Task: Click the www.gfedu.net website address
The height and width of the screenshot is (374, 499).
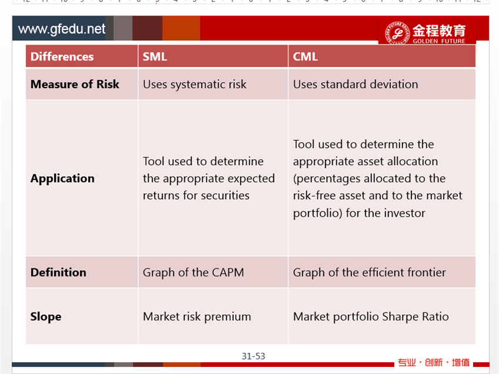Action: click(x=62, y=29)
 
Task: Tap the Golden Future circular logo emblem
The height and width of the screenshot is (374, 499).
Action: click(x=397, y=33)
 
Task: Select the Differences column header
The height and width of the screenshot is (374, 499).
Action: click(x=62, y=56)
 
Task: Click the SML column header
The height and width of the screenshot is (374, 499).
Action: click(x=155, y=56)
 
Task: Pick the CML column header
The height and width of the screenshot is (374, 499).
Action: click(x=305, y=56)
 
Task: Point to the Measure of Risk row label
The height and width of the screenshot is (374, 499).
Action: click(x=75, y=85)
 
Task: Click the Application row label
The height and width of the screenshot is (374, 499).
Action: click(x=62, y=178)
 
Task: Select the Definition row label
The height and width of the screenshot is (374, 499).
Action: click(x=58, y=272)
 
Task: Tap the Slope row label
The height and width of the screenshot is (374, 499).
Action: click(x=46, y=317)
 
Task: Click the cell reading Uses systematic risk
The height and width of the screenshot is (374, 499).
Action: click(x=195, y=85)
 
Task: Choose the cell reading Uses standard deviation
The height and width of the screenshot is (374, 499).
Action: click(x=356, y=85)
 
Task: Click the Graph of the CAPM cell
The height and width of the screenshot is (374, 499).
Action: click(x=193, y=272)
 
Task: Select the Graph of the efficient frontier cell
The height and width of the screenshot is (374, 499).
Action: click(x=370, y=272)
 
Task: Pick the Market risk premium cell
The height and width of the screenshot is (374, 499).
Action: click(x=197, y=317)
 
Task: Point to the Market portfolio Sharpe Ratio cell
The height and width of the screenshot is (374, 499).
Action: click(x=371, y=317)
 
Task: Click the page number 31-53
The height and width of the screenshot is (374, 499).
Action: click(x=253, y=356)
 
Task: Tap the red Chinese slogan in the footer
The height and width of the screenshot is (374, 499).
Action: click(x=434, y=363)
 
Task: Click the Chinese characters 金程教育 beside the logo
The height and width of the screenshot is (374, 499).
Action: click(x=439, y=31)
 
